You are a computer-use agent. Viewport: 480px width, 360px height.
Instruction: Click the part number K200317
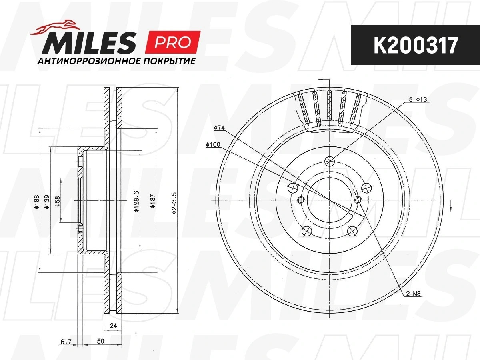416,45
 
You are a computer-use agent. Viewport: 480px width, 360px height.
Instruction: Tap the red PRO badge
173,42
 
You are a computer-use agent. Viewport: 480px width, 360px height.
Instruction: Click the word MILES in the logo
89,43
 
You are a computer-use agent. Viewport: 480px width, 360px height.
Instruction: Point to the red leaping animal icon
55,27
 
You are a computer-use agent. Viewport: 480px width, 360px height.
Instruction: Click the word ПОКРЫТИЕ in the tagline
169,61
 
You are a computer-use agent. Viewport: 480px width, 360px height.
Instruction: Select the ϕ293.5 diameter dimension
174,203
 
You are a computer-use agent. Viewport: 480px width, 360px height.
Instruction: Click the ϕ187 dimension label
153,201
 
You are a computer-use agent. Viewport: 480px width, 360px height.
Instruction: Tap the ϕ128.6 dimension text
136,202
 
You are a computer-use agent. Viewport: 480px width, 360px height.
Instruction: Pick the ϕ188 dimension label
37,202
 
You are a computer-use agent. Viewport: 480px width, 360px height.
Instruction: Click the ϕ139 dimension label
47,202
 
